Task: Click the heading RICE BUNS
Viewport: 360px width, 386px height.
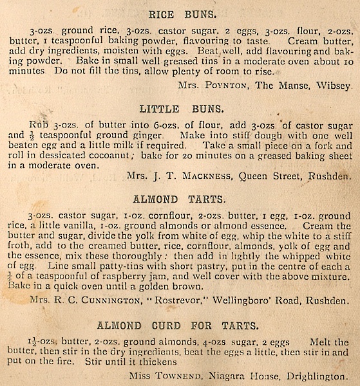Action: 180,14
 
